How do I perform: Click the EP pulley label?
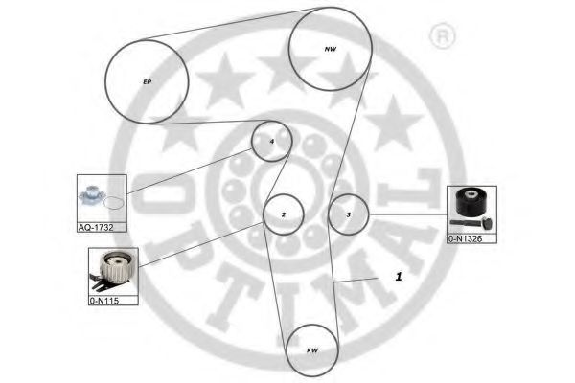[147, 81]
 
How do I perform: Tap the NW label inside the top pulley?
[331, 49]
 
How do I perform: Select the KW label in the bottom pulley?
[312, 350]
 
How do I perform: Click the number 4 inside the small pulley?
[272, 141]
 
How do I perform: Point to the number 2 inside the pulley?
[283, 214]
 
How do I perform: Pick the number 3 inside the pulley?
[349, 214]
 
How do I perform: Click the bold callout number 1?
[399, 277]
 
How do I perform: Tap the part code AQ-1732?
[96, 227]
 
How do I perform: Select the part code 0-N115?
[104, 301]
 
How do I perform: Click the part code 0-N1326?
[465, 239]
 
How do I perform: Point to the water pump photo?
[91, 195]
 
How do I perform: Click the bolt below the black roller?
[471, 222]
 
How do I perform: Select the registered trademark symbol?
[442, 35]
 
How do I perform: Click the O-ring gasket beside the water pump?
[113, 203]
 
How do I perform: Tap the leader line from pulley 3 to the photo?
[408, 214]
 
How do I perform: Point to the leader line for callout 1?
[356, 281]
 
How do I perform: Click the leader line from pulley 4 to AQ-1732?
[189, 170]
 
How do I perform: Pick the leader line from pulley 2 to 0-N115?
[201, 244]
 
